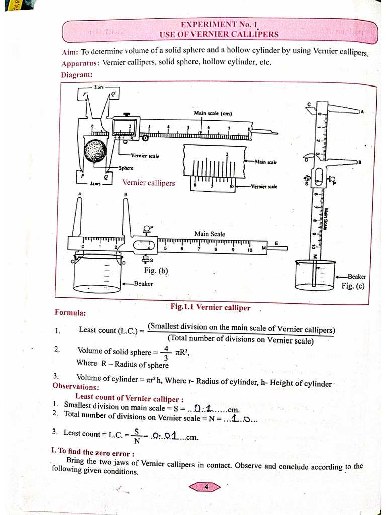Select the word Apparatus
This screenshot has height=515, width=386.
pos(79,64)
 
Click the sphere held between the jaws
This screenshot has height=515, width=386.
pos(95,151)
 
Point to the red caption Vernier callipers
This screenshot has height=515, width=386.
pos(149,183)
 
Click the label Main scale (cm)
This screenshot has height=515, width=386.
pos(213,113)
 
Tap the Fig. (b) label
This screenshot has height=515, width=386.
pos(156,271)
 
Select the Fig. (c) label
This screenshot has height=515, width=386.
pos(353,286)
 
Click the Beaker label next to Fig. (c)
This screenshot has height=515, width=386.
pos(357,276)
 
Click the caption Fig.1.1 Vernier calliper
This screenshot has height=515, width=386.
pos(210,307)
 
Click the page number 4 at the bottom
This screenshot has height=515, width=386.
pos(206,487)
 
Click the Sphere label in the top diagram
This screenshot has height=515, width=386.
pos(126,168)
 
